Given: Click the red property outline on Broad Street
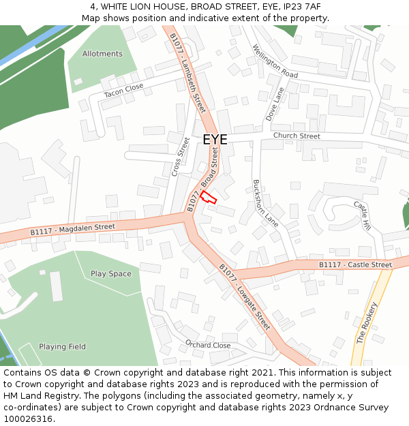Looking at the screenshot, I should (208, 197).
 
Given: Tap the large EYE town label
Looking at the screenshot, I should (215, 140).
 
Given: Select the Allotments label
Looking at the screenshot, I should (102, 54).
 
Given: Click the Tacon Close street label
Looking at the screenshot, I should (123, 90).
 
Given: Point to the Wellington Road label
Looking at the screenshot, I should (275, 61).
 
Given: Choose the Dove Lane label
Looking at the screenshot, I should (275, 104).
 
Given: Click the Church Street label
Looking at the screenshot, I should (297, 136).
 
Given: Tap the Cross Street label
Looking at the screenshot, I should (181, 157).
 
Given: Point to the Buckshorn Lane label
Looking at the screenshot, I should (266, 203).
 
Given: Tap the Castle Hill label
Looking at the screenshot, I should (362, 215).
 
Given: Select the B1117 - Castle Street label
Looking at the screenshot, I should (355, 264).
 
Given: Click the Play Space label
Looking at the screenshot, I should (111, 274).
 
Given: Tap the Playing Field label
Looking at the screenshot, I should (62, 346).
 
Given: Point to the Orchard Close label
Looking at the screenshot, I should (208, 345).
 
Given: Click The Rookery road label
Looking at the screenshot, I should (366, 322).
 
